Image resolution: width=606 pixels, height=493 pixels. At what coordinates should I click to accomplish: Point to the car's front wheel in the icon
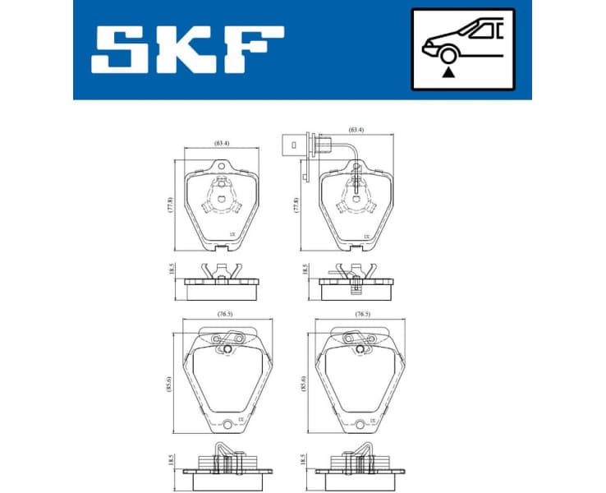(x=448, y=54)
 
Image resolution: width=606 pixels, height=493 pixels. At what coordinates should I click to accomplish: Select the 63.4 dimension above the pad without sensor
(x=222, y=144)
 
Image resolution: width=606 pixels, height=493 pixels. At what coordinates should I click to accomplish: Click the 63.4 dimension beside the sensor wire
(x=356, y=130)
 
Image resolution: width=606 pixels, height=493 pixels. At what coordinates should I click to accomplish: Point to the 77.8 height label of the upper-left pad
(x=171, y=205)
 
